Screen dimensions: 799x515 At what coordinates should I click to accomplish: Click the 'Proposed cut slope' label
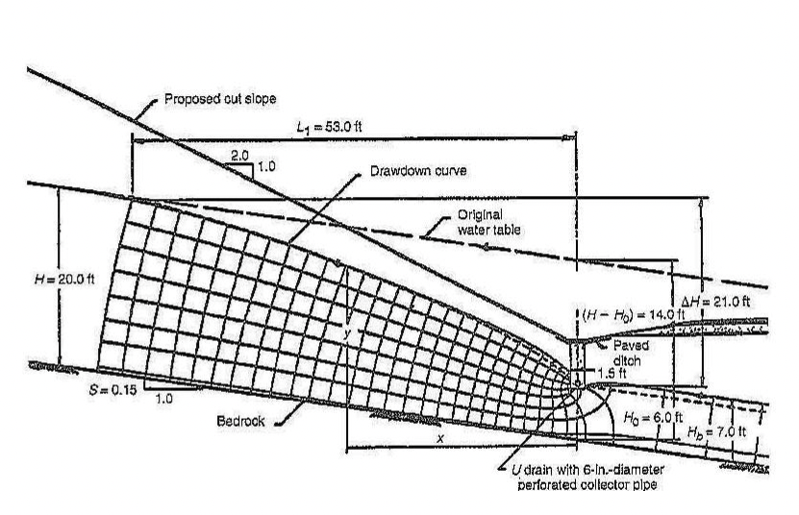pyautogui.click(x=220, y=98)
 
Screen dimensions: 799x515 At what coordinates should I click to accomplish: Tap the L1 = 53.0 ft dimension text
pyautogui.click(x=329, y=127)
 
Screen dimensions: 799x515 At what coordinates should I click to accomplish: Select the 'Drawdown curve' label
pyautogui.click(x=418, y=171)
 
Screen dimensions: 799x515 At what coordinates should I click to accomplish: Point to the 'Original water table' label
pyautogui.click(x=488, y=222)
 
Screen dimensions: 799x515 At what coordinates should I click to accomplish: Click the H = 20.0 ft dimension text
pyautogui.click(x=64, y=280)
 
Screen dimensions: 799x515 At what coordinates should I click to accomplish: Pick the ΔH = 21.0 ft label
pyautogui.click(x=715, y=302)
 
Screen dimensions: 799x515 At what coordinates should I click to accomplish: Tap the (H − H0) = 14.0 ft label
pyautogui.click(x=632, y=315)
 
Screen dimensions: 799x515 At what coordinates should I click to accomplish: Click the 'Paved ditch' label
pyautogui.click(x=631, y=353)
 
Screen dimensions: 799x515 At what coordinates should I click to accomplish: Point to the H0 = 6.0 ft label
pyautogui.click(x=653, y=418)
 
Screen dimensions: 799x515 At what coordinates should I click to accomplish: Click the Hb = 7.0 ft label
pyautogui.click(x=716, y=432)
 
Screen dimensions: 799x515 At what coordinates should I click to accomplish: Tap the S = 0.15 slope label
pyautogui.click(x=112, y=390)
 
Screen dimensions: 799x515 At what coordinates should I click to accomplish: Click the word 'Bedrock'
pyautogui.click(x=240, y=421)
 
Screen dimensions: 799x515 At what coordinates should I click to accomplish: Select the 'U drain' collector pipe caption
pyautogui.click(x=587, y=477)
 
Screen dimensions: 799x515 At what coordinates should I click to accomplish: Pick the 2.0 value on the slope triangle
pyautogui.click(x=239, y=156)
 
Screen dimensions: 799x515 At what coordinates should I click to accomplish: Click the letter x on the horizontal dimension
pyautogui.click(x=440, y=438)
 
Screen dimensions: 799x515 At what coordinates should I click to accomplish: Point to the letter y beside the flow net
pyautogui.click(x=347, y=334)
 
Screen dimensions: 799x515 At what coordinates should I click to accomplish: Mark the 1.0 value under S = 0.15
pyautogui.click(x=163, y=399)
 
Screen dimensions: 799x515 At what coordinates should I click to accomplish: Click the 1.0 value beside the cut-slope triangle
pyautogui.click(x=266, y=166)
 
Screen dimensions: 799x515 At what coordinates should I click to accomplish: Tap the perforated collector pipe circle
pyautogui.click(x=577, y=383)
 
